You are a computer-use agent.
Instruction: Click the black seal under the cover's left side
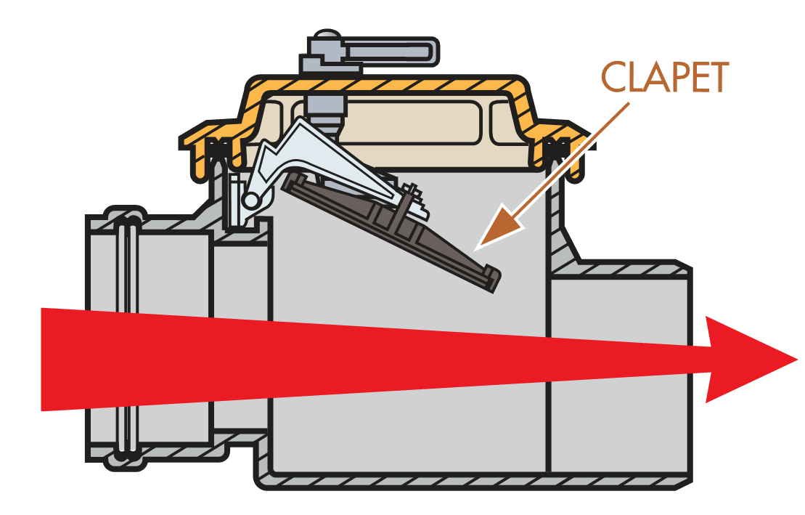pyautogui.click(x=216, y=149)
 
